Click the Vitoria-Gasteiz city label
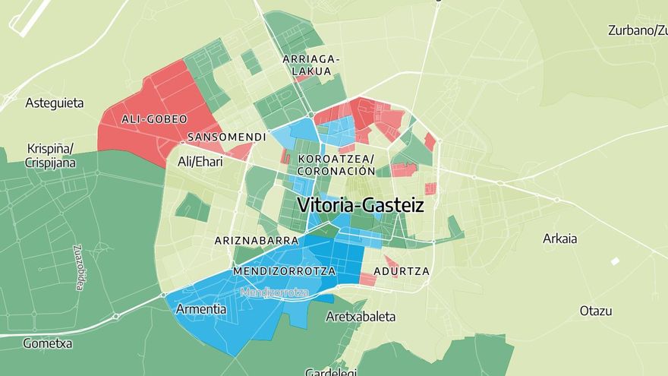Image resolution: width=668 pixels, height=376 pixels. point(361,205)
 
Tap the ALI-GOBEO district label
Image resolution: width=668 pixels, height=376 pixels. point(154,119)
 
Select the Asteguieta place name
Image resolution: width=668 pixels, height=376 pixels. point(55,103)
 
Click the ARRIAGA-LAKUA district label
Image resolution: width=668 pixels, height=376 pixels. point(311,65)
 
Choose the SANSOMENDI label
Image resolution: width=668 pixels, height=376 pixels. point(226,137)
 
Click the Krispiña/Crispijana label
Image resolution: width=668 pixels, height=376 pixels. point(50,155)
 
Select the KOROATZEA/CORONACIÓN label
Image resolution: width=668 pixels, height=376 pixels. point(336,165)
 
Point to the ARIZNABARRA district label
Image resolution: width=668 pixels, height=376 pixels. point(257,240)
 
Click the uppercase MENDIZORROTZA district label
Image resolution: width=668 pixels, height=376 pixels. point(284,270)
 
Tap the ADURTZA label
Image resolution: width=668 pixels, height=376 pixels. point(402,270)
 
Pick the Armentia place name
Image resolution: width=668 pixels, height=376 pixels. point(200,309)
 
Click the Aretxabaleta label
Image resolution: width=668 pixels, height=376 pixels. point(361,316)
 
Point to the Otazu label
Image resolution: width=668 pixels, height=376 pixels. point(596,311)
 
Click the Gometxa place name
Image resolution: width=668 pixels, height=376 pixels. point(47,343)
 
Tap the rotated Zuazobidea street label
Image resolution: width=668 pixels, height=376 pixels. point(78,267)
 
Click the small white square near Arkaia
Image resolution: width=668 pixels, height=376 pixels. point(615,261)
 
